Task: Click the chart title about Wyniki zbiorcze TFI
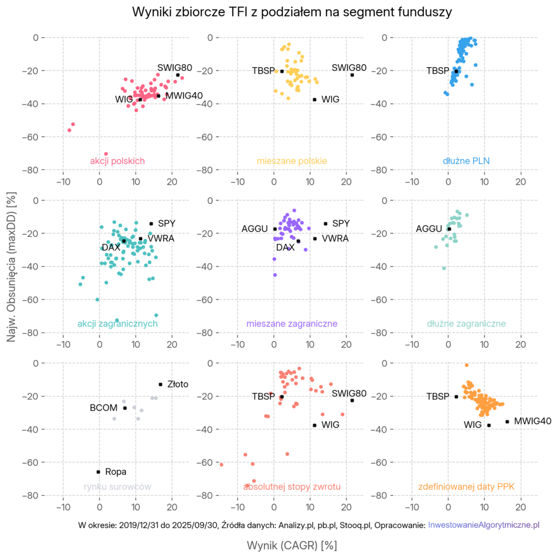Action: click(x=292, y=12)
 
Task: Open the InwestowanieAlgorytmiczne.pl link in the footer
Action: click(x=484, y=525)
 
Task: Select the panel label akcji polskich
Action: click(x=117, y=161)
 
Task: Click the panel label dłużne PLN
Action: click(x=466, y=161)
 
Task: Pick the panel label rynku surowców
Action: click(x=117, y=487)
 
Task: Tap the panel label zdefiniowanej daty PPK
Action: click(x=466, y=487)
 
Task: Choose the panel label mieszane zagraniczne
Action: click(x=292, y=324)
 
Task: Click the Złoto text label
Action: click(x=178, y=384)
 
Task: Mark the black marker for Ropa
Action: click(x=98, y=472)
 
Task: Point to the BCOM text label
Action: click(x=104, y=408)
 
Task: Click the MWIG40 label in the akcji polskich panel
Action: click(x=184, y=96)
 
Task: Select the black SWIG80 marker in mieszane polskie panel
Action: click(x=353, y=75)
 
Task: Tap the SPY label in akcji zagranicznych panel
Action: click(x=167, y=223)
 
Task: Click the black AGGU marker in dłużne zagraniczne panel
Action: click(x=449, y=229)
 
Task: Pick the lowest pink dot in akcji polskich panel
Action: click(x=106, y=154)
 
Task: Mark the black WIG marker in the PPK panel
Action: click(x=489, y=425)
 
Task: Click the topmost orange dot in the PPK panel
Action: click(x=466, y=365)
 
